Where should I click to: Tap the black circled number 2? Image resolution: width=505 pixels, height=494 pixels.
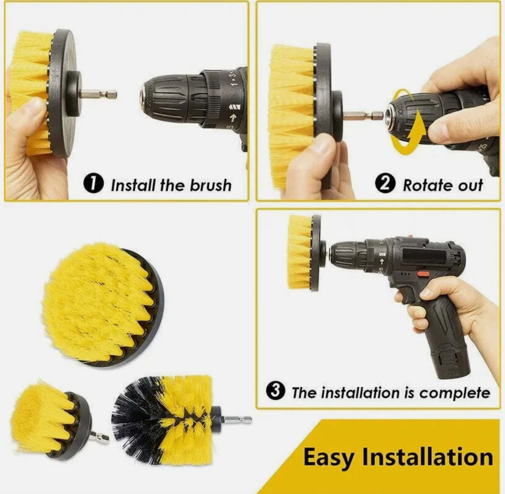click(385, 184)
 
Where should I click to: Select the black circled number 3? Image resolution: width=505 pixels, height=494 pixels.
click(275, 392)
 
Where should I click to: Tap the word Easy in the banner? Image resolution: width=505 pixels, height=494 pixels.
click(328, 458)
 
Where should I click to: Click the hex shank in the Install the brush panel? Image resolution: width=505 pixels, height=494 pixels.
click(98, 94)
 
